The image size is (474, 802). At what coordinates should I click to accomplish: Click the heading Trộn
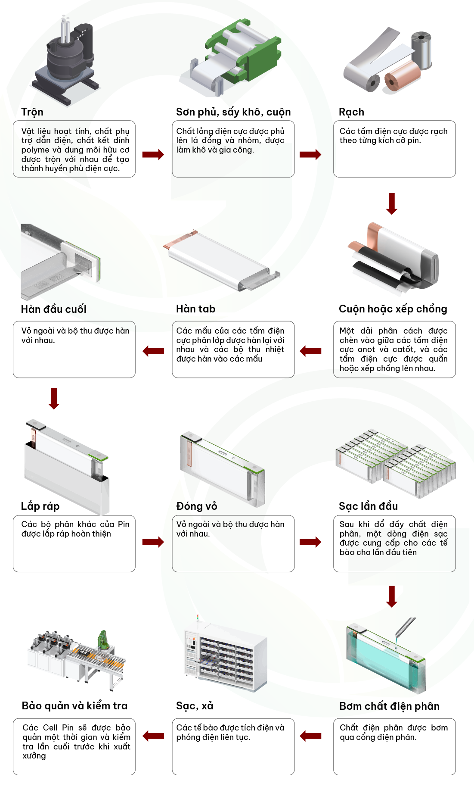coord(32,112)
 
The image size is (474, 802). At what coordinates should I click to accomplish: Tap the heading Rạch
coord(351,112)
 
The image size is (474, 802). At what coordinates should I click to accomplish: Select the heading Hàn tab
coord(195,309)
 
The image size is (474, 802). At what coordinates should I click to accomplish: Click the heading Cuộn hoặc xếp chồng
coord(393,309)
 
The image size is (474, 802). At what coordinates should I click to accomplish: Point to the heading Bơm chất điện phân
coord(389,706)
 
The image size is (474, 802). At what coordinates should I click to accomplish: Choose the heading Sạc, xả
coord(195,706)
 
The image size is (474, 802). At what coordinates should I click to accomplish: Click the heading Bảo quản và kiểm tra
coord(74,706)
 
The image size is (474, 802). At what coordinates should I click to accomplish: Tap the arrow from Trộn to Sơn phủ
coord(153,154)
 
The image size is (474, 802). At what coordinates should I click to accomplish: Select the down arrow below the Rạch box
coord(392,203)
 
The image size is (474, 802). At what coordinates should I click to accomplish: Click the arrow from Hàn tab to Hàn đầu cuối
coord(153,351)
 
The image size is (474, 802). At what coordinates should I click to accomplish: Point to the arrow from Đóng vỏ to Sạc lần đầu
coord(310,542)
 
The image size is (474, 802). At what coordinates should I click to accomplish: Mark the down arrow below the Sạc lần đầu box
coord(392,596)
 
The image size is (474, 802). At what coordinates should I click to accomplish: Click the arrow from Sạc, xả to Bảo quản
coord(153,736)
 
